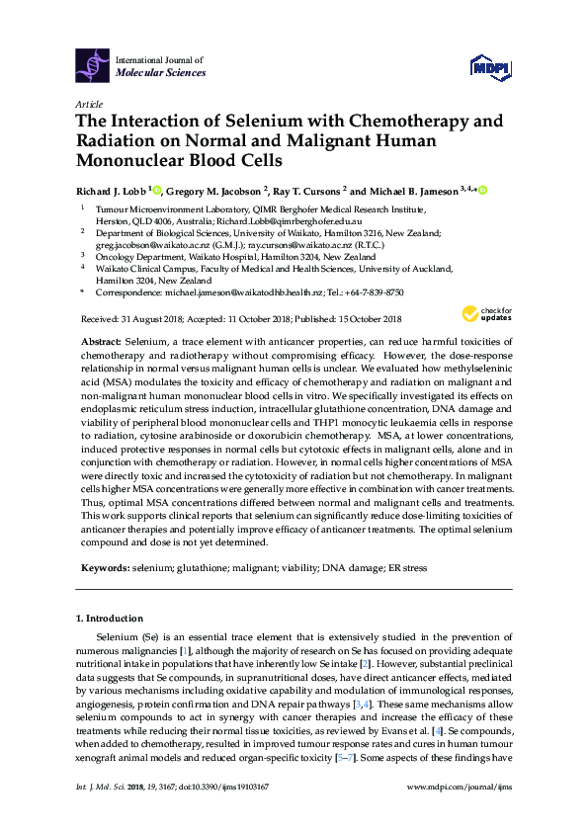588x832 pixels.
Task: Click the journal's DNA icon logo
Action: pyautogui.click(x=93, y=65)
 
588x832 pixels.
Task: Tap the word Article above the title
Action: pyautogui.click(x=87, y=104)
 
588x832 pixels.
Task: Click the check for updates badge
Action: pyautogui.click(x=483, y=315)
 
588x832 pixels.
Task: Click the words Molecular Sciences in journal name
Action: pyautogui.click(x=161, y=73)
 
